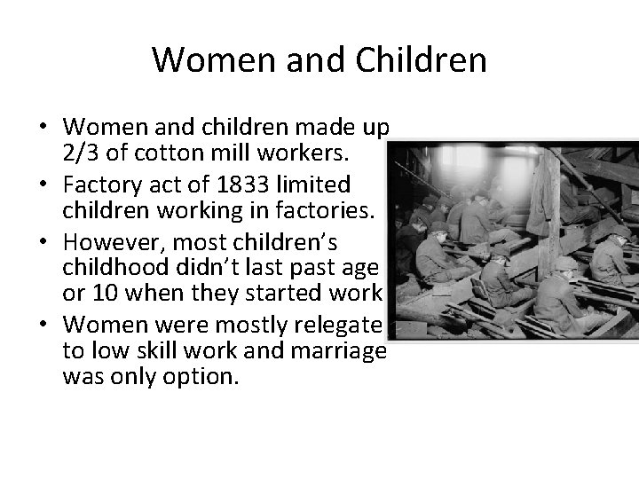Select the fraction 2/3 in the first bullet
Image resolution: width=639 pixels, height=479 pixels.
pyautogui.click(x=83, y=153)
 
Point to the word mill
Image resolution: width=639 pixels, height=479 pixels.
pyautogui.click(x=220, y=153)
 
